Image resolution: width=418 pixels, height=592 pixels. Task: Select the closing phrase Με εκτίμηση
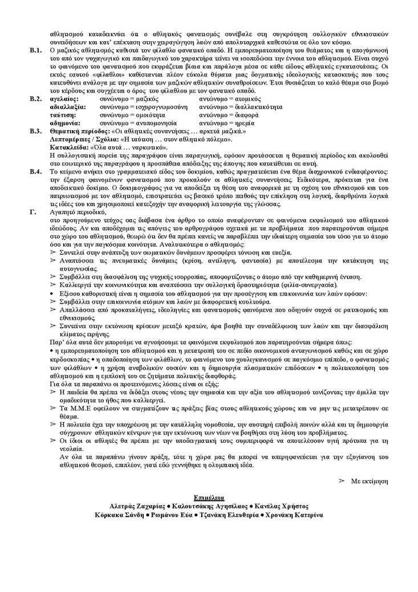tap(369, 481)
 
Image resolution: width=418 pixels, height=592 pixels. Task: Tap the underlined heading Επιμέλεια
tap(209, 498)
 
